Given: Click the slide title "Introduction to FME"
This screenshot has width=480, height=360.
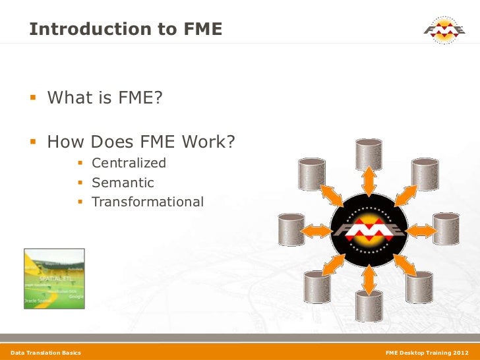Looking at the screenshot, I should coord(125,30).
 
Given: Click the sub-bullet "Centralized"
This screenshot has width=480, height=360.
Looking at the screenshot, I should coord(129,163).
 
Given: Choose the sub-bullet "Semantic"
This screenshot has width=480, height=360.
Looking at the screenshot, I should coord(123,183).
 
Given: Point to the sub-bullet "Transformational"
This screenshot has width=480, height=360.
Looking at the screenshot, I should coord(148,202).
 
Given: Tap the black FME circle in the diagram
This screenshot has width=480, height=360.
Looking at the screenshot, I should coord(369,231).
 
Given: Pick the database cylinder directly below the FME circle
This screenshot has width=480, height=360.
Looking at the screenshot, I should coord(368,305).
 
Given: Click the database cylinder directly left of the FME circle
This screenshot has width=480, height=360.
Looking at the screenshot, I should coord(291,230).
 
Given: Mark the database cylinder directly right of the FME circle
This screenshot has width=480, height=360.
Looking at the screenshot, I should coord(446,230).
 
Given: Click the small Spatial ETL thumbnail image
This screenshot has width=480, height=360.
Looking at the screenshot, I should coord(54,278).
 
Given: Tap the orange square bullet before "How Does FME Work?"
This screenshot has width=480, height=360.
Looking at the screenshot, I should coord(35,142).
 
